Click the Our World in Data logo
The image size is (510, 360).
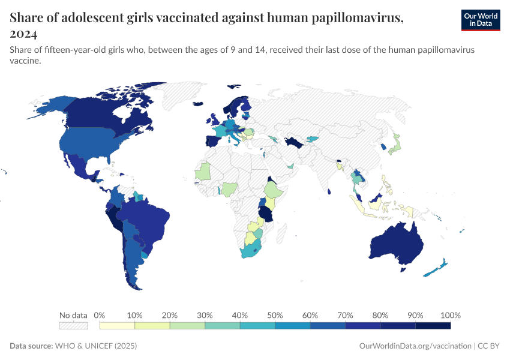pyautogui.click(x=480, y=20)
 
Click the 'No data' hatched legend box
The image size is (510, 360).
pyautogui.click(x=73, y=326)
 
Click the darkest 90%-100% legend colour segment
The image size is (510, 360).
pyautogui.click(x=433, y=326)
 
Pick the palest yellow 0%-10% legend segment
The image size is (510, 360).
pyautogui.click(x=117, y=326)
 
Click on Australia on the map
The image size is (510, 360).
pyautogui.click(x=396, y=243)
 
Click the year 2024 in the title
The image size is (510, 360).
pyautogui.click(x=23, y=34)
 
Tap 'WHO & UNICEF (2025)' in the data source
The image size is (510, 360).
pyautogui.click(x=96, y=346)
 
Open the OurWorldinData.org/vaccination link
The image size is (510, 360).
pyautogui.click(x=415, y=346)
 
